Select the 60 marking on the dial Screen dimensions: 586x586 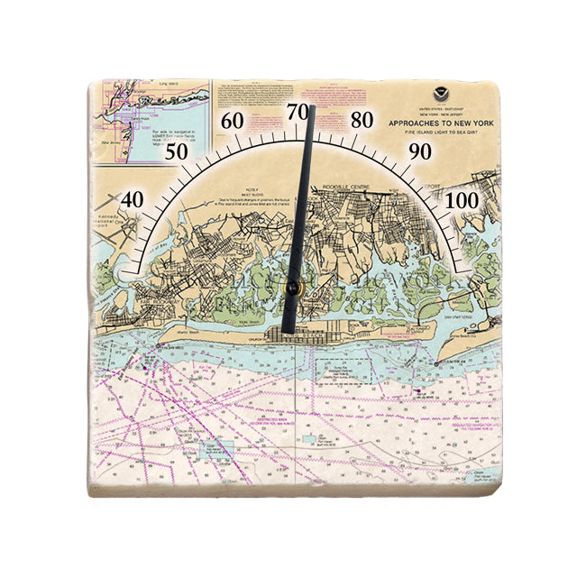tap(233, 121)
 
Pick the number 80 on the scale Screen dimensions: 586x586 tap(362, 119)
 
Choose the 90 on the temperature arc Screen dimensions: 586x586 tap(420, 151)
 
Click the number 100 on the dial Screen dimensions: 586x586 tap(462, 199)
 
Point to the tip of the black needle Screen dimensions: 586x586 tap(311, 108)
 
